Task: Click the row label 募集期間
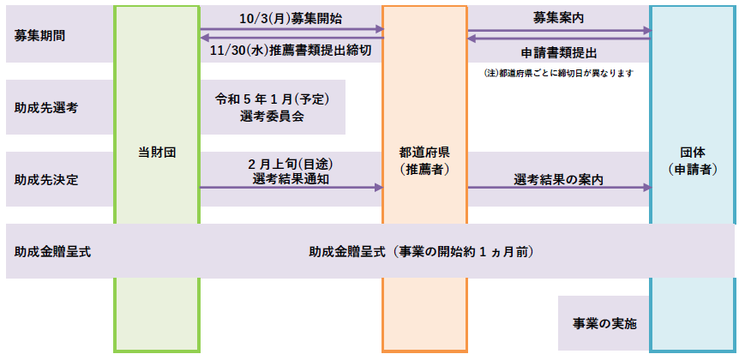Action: point(40,36)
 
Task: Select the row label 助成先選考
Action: point(46,108)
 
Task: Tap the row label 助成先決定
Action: point(46,181)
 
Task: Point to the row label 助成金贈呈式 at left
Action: point(53,252)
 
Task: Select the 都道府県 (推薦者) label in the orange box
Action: point(424,161)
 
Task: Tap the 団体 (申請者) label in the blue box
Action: point(692,161)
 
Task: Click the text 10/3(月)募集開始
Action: point(291,19)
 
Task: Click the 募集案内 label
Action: point(559,19)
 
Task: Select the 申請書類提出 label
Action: point(559,53)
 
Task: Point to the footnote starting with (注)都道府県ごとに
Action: point(559,74)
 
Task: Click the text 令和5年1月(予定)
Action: point(273,99)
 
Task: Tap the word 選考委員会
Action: point(273,117)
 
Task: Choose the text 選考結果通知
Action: point(291,179)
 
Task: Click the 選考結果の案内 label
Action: point(559,179)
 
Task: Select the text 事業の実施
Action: point(604,324)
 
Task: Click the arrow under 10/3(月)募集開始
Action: point(292,29)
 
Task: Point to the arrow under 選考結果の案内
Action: point(560,188)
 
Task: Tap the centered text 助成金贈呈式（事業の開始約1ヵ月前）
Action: point(421,252)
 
